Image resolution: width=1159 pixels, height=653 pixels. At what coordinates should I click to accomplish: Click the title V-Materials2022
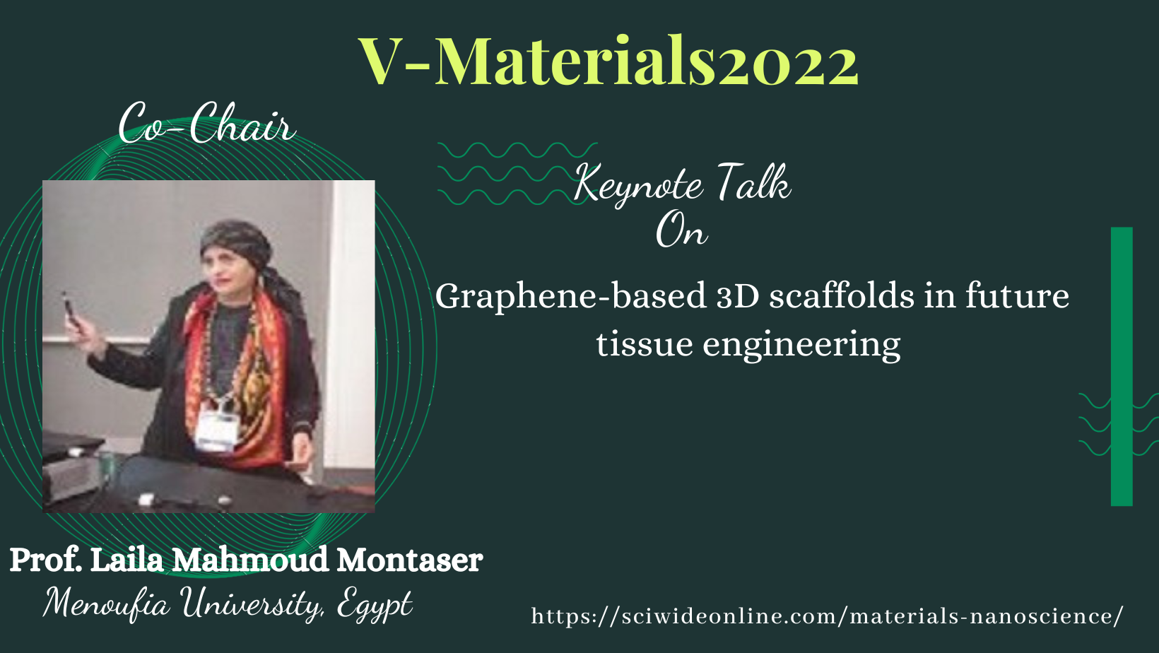[608, 61]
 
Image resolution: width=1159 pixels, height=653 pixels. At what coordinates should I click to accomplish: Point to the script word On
[681, 230]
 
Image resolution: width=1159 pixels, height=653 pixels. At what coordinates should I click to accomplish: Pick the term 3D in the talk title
[737, 297]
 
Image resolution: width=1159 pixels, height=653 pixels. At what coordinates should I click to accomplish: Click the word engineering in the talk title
[801, 346]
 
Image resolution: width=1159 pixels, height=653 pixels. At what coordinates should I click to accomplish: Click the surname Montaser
[410, 560]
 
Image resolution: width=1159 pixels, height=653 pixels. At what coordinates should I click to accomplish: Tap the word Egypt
[375, 604]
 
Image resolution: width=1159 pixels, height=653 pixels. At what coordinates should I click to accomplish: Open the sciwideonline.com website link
[827, 616]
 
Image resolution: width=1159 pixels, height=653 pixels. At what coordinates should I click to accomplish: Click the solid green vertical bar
[1122, 366]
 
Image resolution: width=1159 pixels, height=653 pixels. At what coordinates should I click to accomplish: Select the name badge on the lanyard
[218, 430]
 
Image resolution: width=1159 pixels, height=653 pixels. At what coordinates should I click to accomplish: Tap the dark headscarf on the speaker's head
[236, 240]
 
